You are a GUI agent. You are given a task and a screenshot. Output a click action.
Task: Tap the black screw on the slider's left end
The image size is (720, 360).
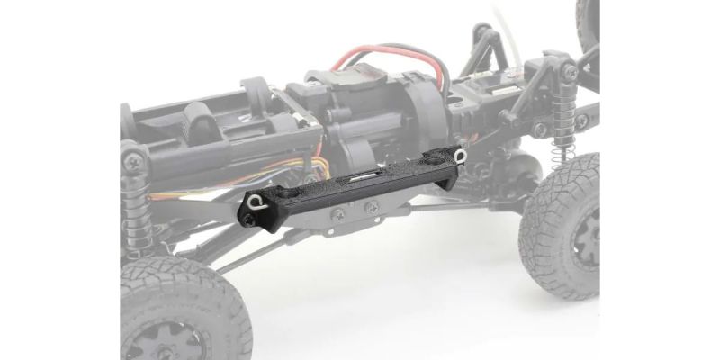click(247, 218)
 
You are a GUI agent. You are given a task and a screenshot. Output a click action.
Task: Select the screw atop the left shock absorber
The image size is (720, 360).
click(133, 162)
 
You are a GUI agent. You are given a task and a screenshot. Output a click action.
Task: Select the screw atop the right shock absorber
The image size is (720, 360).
click(571, 72)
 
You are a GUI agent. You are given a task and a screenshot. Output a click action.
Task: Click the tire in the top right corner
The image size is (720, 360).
click(589, 22)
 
